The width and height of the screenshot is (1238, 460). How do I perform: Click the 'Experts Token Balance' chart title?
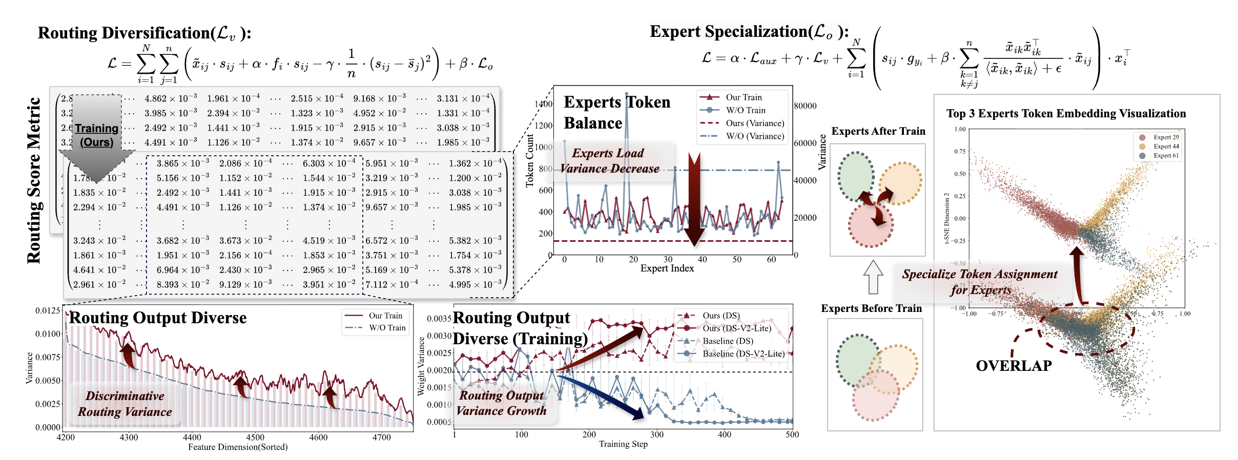[616, 113]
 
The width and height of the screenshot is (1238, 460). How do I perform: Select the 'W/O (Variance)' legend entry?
[755, 136]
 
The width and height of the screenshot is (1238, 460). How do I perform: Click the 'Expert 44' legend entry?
[1166, 147]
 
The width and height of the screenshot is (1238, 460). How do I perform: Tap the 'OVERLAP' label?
[1014, 366]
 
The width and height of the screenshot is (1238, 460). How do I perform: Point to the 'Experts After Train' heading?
[878, 131]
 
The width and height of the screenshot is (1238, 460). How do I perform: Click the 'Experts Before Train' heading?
[871, 308]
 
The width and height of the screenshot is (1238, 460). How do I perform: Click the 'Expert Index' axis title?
[667, 268]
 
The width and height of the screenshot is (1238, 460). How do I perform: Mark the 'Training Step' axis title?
[623, 444]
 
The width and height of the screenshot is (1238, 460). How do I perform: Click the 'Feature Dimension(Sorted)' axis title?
[238, 447]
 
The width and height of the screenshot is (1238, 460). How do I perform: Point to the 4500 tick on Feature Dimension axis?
[255, 437]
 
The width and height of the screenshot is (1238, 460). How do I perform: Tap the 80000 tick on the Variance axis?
[805, 106]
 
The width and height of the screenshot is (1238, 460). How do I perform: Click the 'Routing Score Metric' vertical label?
[34, 180]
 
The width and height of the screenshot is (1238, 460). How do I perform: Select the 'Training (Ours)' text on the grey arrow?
[96, 135]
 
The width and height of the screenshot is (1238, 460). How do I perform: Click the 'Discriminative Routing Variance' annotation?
[125, 404]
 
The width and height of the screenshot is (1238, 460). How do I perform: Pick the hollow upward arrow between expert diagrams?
[873, 277]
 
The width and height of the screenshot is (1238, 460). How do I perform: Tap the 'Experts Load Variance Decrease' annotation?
[609, 161]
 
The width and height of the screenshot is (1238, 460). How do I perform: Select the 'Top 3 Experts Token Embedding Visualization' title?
[1066, 114]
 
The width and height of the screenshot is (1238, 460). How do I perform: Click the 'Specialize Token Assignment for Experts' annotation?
[980, 282]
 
